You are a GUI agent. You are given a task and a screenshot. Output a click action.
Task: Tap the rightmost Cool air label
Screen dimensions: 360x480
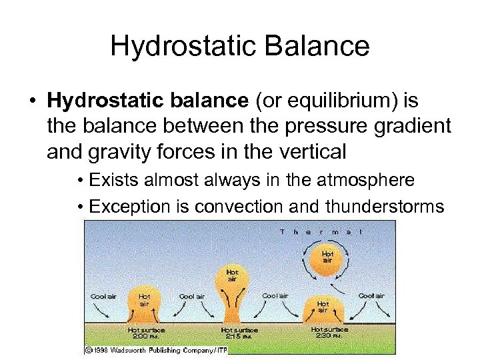click(x=371, y=295)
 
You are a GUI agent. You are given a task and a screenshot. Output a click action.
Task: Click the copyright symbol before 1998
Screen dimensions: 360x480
click(x=88, y=349)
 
